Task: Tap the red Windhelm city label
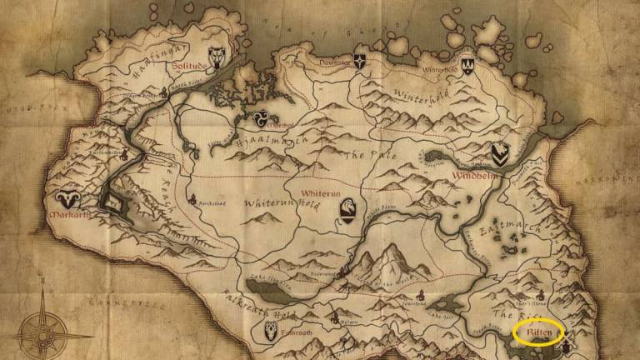(x=475, y=176)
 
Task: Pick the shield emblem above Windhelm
(x=498, y=153)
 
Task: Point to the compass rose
(x=42, y=330)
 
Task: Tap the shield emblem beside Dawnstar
(x=360, y=61)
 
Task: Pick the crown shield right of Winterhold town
(x=467, y=64)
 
